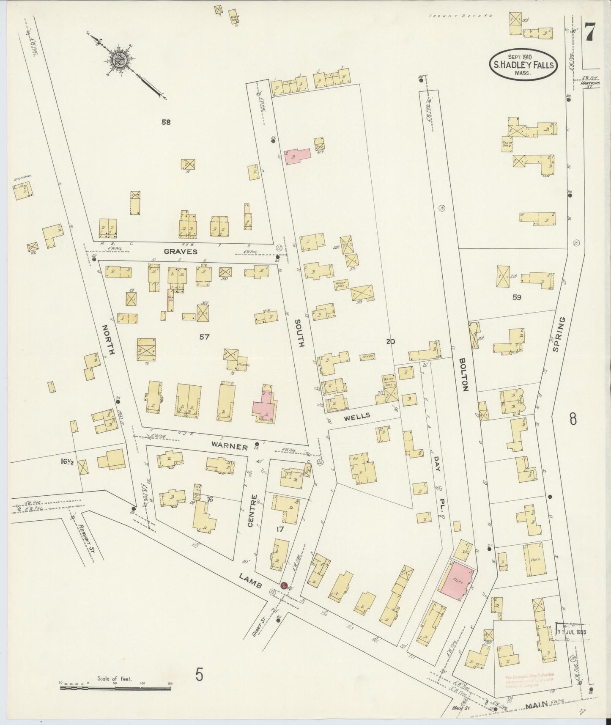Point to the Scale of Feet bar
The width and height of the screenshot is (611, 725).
(x=115, y=688)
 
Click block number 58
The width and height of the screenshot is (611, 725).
(x=166, y=122)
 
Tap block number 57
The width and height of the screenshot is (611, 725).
(x=205, y=337)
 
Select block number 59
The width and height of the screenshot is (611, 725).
(x=516, y=297)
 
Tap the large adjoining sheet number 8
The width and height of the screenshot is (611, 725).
(x=573, y=419)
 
